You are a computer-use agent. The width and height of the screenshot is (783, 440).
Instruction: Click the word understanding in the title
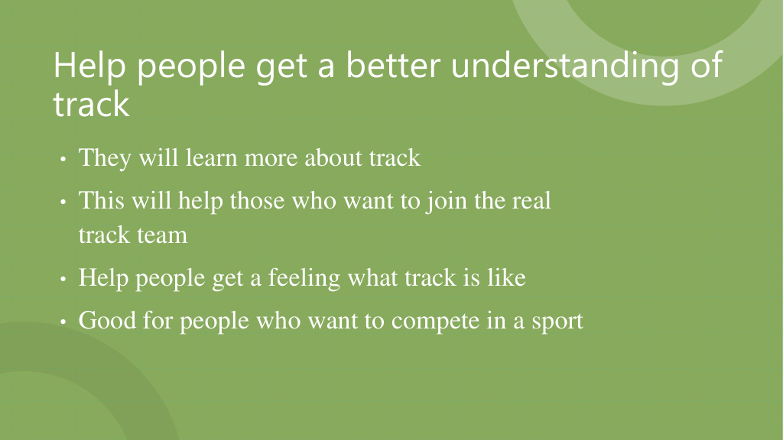click(565, 66)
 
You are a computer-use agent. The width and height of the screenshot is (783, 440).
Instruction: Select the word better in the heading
click(393, 65)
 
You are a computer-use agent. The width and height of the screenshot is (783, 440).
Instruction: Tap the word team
click(162, 235)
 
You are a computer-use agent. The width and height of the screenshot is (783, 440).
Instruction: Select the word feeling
click(304, 278)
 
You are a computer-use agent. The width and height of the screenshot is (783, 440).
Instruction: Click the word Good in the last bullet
click(107, 320)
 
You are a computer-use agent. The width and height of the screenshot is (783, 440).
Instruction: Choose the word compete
click(435, 322)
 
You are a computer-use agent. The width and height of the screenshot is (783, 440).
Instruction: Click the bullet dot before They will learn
click(63, 160)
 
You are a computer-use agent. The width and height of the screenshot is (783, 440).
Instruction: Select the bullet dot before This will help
click(63, 202)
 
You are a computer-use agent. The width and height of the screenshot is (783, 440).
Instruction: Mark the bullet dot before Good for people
click(63, 322)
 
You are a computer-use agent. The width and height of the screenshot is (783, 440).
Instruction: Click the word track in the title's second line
click(92, 104)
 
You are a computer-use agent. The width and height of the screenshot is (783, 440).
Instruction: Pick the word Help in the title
click(89, 66)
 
